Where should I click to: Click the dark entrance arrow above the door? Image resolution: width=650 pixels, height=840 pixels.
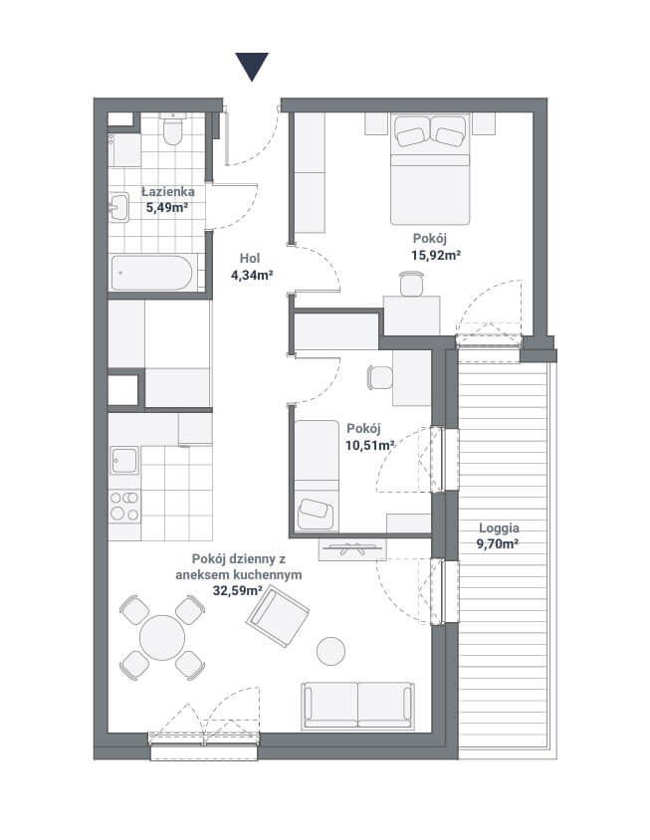[x=252, y=66]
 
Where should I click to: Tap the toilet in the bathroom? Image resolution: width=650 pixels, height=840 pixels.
[x=172, y=129]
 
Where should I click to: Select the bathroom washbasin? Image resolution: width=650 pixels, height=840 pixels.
[x=118, y=207]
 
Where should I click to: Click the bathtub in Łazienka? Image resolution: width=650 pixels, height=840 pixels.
[x=152, y=274]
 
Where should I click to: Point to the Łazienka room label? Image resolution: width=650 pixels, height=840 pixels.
[x=167, y=191]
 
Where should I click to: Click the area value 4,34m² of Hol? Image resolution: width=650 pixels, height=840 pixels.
[x=252, y=276]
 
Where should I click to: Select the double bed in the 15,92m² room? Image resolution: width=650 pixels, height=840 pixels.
[x=430, y=168]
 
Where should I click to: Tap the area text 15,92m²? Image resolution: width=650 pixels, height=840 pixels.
[x=436, y=255]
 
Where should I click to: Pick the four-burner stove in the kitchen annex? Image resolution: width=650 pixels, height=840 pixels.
[x=124, y=507]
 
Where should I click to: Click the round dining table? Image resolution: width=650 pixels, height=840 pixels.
[x=162, y=638]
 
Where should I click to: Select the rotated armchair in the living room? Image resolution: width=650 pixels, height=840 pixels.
[x=278, y=616]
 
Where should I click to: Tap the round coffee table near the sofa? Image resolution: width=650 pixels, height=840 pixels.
[x=330, y=651]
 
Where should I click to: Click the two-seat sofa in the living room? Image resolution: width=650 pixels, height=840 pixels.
[x=357, y=706]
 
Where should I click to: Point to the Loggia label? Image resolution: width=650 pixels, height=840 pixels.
[x=499, y=527]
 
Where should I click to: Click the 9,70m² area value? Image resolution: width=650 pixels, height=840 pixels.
[x=498, y=544]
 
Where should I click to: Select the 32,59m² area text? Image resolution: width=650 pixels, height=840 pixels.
[x=237, y=591]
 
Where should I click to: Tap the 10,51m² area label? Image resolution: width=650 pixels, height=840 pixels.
[x=370, y=445]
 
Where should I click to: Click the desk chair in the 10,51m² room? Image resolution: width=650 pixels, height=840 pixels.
[x=379, y=377]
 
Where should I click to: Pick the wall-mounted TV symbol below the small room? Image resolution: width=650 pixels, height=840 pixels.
[x=352, y=549]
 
